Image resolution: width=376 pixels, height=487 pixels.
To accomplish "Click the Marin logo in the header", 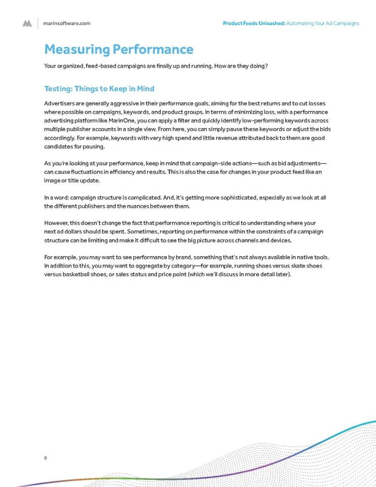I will [x=27, y=23].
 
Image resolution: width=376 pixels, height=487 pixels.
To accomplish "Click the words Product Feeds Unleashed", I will [x=253, y=23].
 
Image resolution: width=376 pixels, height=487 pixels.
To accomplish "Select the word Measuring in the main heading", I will [x=77, y=49].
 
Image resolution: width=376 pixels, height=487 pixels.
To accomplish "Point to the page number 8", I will [x=46, y=458].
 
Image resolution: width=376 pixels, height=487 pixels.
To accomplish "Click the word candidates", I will [x=61, y=146].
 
